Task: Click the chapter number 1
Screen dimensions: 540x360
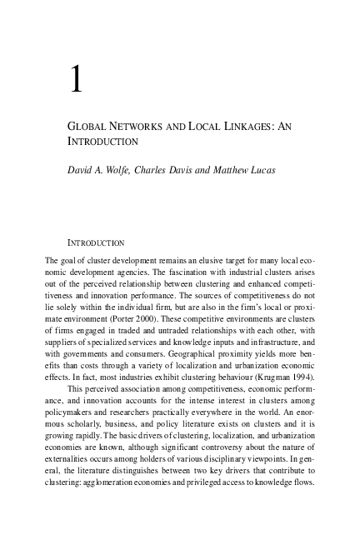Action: click(76, 81)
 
